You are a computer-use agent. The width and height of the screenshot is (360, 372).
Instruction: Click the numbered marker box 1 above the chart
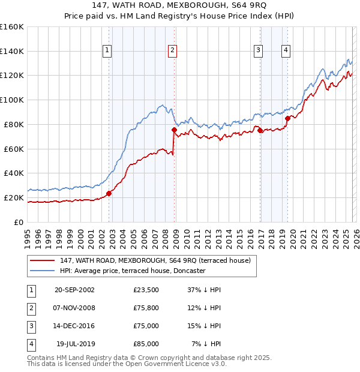pyautogui.click(x=106, y=51)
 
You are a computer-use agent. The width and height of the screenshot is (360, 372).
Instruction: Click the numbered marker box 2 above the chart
pyautogui.click(x=172, y=51)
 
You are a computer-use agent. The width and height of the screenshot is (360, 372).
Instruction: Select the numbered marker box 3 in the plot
pyautogui.click(x=258, y=51)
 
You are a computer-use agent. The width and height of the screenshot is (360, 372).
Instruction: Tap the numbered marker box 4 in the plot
pyautogui.click(x=286, y=51)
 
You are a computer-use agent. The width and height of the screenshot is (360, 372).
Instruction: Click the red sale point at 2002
pyautogui.click(x=109, y=193)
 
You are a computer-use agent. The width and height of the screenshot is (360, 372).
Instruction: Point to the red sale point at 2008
pyautogui.click(x=174, y=130)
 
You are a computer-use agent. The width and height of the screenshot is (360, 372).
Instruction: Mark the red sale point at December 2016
pyautogui.click(x=260, y=130)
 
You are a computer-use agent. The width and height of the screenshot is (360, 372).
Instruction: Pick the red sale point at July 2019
pyautogui.click(x=287, y=118)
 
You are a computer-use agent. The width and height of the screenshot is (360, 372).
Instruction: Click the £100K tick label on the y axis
pyautogui.click(x=11, y=100)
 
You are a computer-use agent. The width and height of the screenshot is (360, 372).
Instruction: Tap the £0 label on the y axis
pyautogui.click(x=17, y=222)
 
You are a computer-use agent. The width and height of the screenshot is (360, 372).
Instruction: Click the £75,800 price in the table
pyautogui.click(x=146, y=308)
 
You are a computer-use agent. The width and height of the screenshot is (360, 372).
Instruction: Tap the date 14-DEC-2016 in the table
pyautogui.click(x=74, y=326)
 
